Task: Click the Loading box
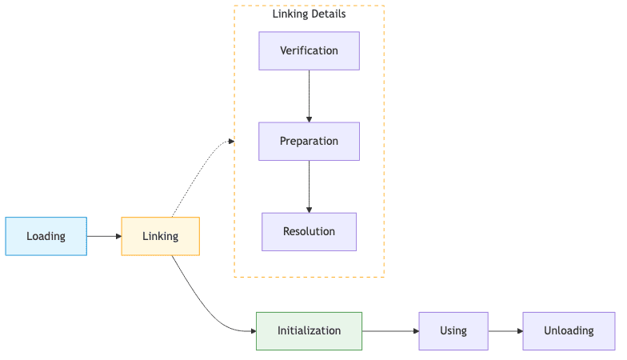pos(46,236)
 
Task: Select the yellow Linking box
pos(160,236)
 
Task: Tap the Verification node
pos(309,50)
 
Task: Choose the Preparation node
pos(309,141)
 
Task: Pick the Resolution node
pos(309,231)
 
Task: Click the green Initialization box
pos(309,330)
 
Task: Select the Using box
pos(453,330)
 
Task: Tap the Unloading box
pos(569,330)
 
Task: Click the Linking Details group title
pos(309,14)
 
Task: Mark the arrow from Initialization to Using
pos(389,330)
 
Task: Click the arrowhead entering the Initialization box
pos(251,330)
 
